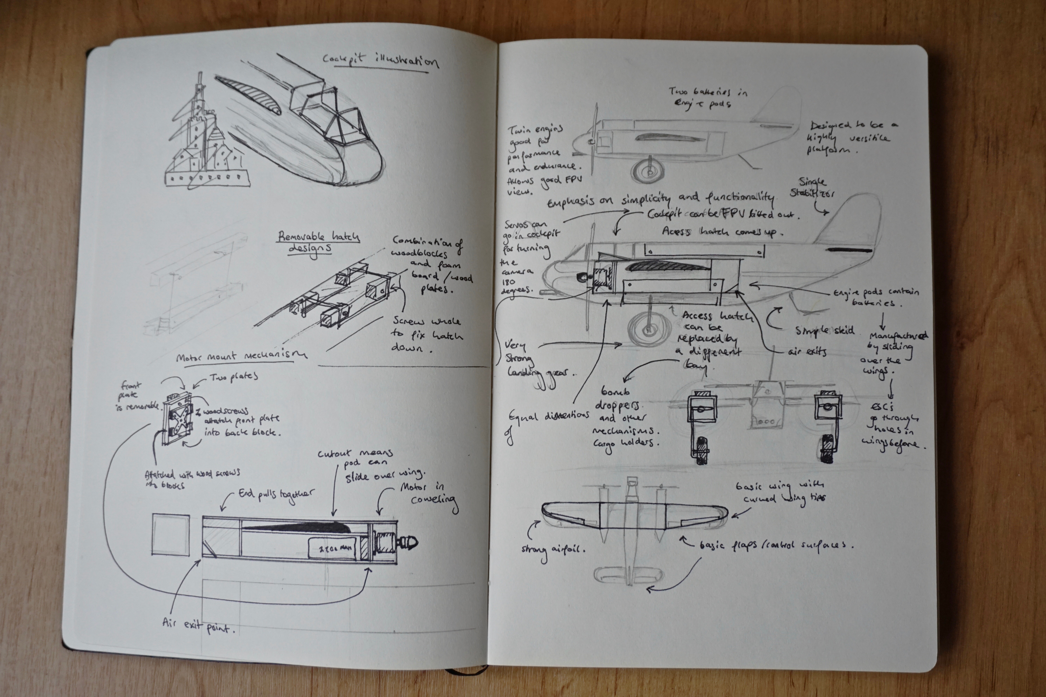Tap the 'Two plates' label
(x=233, y=377)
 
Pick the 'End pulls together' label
(x=276, y=496)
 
